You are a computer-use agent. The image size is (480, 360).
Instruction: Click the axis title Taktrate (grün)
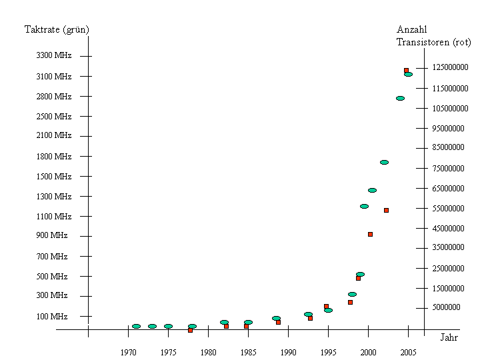(57, 29)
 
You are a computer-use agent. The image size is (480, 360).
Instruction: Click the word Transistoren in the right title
(423, 42)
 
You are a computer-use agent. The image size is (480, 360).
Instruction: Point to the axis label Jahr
(449, 337)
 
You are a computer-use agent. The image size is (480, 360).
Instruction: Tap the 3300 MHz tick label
(53, 55)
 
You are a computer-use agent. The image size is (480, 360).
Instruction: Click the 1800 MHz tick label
(53, 157)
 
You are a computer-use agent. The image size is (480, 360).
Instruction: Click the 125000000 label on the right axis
(449, 67)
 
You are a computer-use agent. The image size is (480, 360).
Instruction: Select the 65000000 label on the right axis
(448, 188)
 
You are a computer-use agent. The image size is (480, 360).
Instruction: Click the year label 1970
(128, 352)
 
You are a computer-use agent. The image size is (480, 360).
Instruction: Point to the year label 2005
(408, 352)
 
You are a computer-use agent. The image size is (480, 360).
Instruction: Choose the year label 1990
(288, 352)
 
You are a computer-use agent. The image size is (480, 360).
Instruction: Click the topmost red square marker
(406, 70)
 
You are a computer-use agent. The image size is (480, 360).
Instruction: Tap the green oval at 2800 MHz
(400, 98)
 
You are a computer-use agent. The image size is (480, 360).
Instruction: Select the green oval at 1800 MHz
(384, 162)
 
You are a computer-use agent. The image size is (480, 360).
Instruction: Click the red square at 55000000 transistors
(386, 210)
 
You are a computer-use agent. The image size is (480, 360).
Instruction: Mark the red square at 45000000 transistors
(370, 234)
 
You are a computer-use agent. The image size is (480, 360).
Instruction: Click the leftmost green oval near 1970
(136, 326)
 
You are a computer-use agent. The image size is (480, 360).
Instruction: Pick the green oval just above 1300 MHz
(372, 190)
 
